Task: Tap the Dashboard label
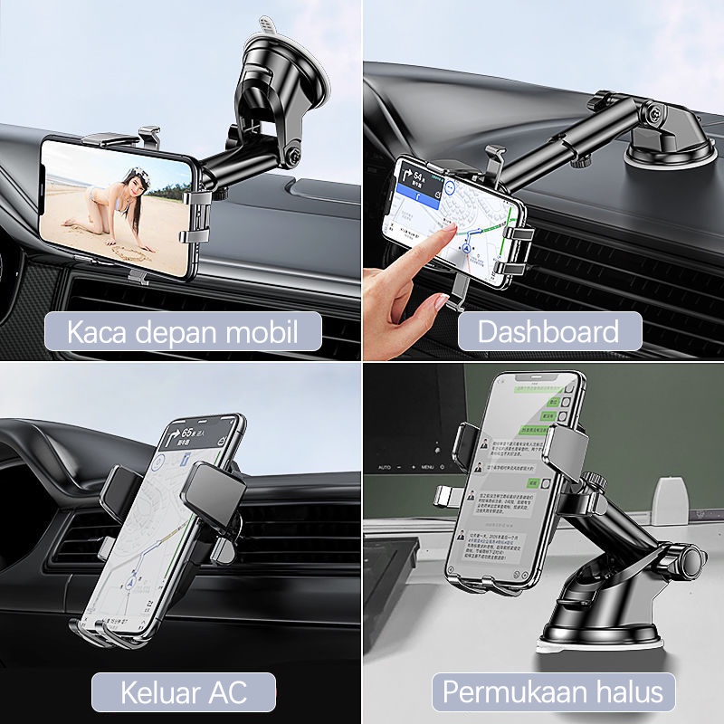pos(548,331)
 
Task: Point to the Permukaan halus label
pos(552,693)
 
